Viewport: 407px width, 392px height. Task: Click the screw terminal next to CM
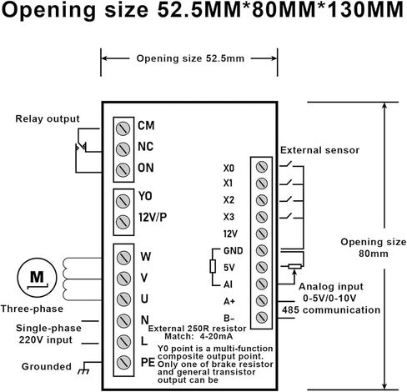123,128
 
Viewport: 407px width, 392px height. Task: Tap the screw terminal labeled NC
123,149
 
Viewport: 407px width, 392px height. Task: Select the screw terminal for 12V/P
123,222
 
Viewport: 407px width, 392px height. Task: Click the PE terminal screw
123,362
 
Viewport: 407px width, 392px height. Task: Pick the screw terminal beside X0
262,167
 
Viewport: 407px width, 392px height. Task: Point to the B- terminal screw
262,317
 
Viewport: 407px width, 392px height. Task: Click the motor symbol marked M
37,278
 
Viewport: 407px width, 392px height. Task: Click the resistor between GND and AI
213,266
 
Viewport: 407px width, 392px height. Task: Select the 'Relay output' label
48,118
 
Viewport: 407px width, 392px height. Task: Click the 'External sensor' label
319,150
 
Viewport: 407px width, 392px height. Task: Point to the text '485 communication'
331,309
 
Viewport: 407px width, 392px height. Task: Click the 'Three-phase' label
32,309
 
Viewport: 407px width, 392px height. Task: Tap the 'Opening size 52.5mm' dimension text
190,58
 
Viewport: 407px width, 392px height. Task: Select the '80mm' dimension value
374,254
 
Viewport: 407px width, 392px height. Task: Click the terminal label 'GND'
234,251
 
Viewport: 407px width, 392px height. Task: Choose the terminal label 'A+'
229,301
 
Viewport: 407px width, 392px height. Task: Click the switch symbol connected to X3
286,216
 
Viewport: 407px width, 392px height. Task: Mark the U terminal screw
123,299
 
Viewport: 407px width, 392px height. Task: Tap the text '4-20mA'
216,336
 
